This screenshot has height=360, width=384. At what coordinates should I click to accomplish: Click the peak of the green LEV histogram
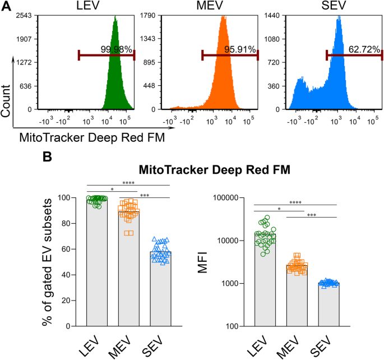(x=115, y=17)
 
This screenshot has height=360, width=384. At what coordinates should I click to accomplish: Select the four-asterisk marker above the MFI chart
(x=295, y=201)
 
